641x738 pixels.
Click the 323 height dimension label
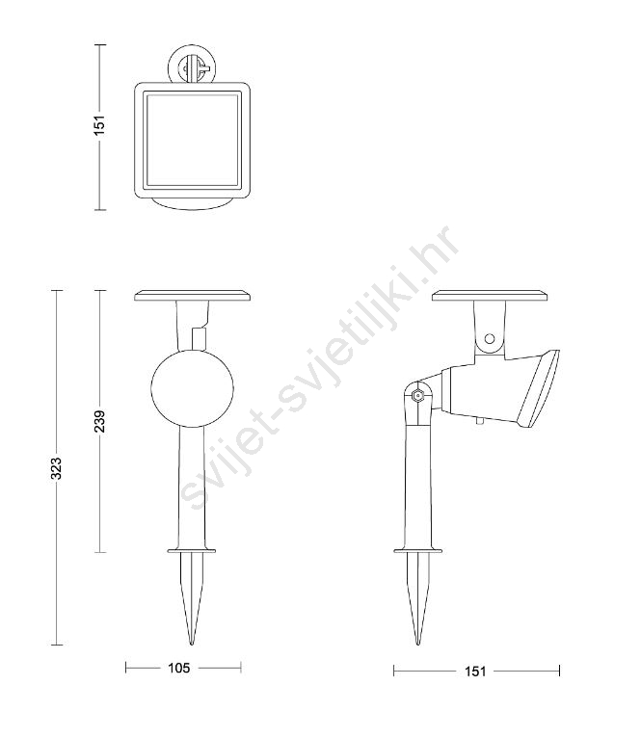coord(56,468)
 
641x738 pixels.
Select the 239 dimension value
coord(99,421)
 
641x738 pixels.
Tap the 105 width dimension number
coord(179,668)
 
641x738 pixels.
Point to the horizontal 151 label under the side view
coord(475,672)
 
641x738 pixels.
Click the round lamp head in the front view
coord(192,388)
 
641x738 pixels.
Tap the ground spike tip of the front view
coord(192,644)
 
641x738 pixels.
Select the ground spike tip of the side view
coord(417,644)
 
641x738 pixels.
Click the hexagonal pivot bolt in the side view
coord(416,395)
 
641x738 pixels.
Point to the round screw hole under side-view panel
coord(490,338)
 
